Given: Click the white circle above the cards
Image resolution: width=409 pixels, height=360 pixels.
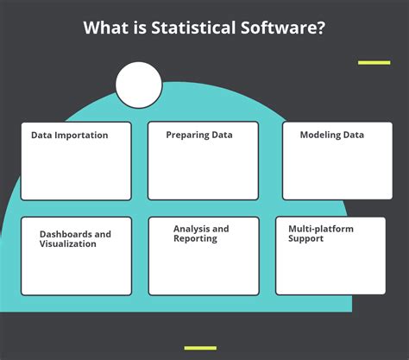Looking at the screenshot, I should click(x=138, y=85).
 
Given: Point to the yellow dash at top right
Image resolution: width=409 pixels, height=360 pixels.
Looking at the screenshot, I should click(x=374, y=62).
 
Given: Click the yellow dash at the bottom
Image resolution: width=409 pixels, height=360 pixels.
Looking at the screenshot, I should click(x=201, y=347).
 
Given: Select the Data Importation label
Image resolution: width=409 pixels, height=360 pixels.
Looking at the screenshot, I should click(x=69, y=135).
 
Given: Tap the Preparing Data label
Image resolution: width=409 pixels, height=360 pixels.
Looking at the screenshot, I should click(x=199, y=135).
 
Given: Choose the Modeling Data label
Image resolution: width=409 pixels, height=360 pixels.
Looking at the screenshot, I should click(x=331, y=135).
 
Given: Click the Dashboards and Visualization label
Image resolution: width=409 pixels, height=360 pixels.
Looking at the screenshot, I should click(x=75, y=238).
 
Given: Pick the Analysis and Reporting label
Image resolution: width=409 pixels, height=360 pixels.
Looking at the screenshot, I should click(x=201, y=233).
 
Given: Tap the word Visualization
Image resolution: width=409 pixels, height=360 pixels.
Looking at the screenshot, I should click(x=68, y=243).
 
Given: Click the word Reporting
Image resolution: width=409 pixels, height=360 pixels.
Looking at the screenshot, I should click(x=195, y=238).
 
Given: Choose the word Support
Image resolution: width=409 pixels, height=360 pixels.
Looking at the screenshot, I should click(x=305, y=238).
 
